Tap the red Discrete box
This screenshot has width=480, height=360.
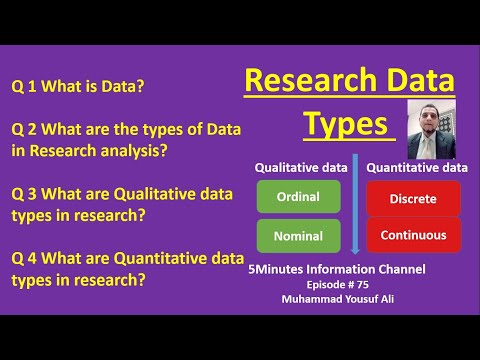click(x=413, y=199)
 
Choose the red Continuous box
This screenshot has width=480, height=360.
click(x=413, y=236)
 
